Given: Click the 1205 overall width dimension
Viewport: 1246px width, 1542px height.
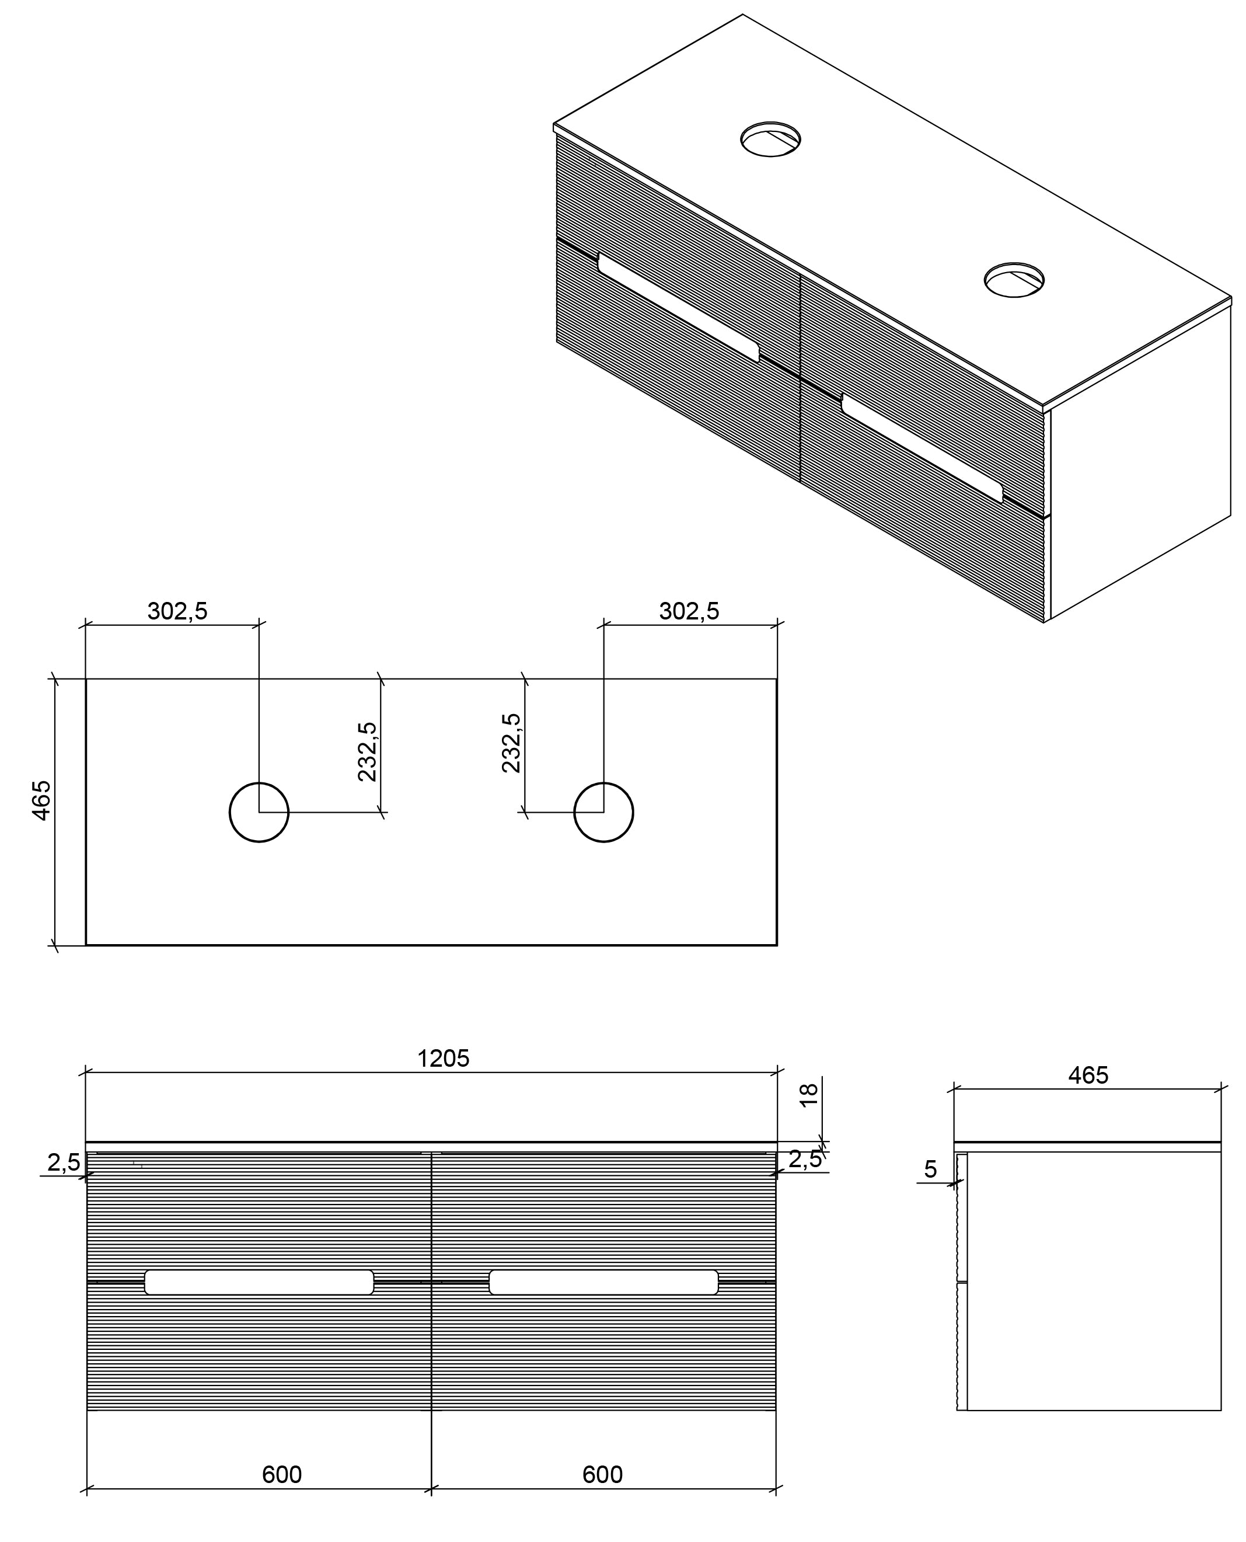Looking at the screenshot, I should point(443,1058).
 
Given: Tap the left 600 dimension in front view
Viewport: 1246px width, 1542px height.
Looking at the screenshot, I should point(281,1474).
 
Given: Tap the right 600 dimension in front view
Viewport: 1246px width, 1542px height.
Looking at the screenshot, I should point(602,1474).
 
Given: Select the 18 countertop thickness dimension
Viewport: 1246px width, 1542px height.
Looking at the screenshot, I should point(809,1095).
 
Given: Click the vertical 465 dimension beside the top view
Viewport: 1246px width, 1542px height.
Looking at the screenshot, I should point(41,800).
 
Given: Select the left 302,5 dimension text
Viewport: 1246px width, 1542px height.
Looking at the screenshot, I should point(177,611).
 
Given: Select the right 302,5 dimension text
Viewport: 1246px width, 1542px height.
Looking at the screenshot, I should point(689,611).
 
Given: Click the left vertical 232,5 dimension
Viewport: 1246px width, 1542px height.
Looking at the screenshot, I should point(367,751).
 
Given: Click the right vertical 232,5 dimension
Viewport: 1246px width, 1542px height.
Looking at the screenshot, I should point(511,743).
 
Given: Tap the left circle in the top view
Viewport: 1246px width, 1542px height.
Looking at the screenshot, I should point(259,812).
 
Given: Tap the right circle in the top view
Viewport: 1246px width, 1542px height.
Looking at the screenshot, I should point(603,812).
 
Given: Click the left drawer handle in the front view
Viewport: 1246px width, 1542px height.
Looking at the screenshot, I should point(259,1282).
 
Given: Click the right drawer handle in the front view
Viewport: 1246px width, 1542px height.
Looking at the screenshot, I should point(603,1282).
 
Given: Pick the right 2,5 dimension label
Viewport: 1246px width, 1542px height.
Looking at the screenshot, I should point(805,1158).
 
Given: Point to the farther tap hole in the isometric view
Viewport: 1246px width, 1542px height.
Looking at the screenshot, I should point(771,140).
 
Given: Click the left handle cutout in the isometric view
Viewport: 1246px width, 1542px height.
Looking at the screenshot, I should point(678,307).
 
